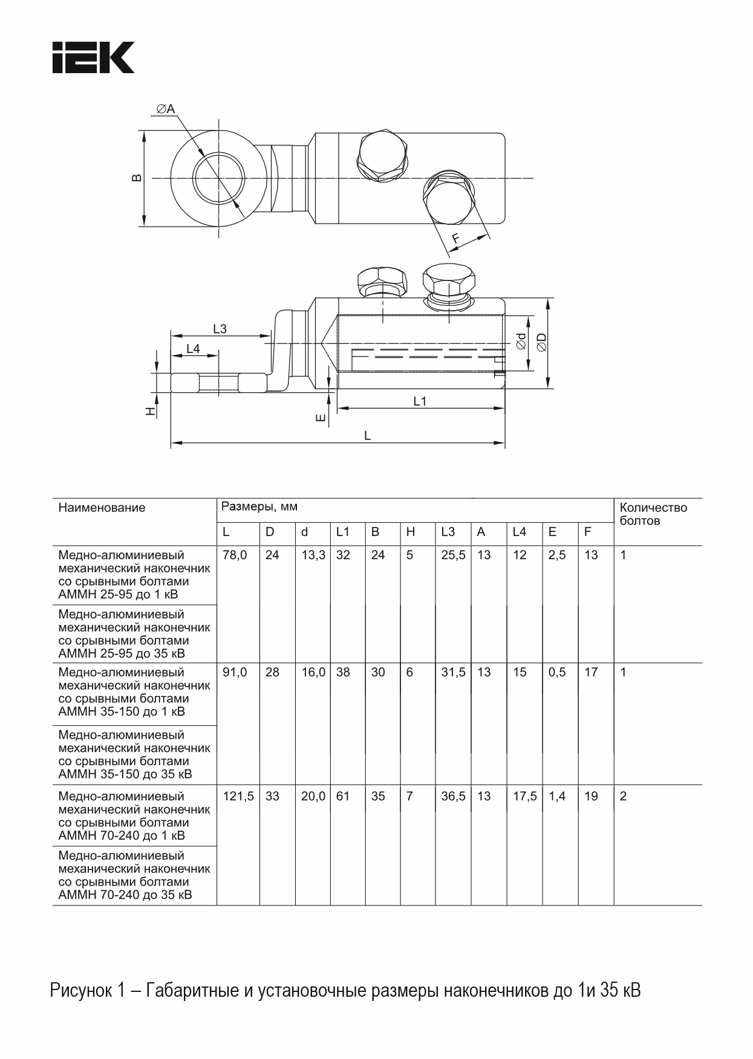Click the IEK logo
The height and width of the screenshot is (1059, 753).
[x=93, y=57]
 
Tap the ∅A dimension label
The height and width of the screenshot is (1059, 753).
[x=165, y=109]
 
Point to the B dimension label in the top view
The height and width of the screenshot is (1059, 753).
[x=137, y=178]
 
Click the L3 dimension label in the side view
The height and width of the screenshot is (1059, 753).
[x=220, y=329]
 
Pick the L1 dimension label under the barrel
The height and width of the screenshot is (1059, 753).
[x=420, y=401]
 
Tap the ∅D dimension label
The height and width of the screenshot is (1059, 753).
[x=541, y=342]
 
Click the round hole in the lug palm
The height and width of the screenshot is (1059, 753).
[x=218, y=178]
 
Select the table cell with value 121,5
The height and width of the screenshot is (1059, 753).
[x=238, y=796]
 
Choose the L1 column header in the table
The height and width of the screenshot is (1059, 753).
[x=343, y=532]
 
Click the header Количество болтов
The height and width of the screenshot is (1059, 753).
[x=653, y=514]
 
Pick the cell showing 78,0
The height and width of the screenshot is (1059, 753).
[x=235, y=555]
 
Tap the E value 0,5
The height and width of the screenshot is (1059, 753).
[x=557, y=672]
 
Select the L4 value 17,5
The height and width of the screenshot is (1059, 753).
[x=524, y=796]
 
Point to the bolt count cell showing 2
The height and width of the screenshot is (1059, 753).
[x=624, y=796]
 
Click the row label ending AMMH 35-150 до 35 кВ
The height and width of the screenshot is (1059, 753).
[x=134, y=754]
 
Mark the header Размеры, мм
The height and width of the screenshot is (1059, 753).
[x=259, y=507]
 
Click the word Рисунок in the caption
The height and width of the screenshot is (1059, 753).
[x=80, y=991]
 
